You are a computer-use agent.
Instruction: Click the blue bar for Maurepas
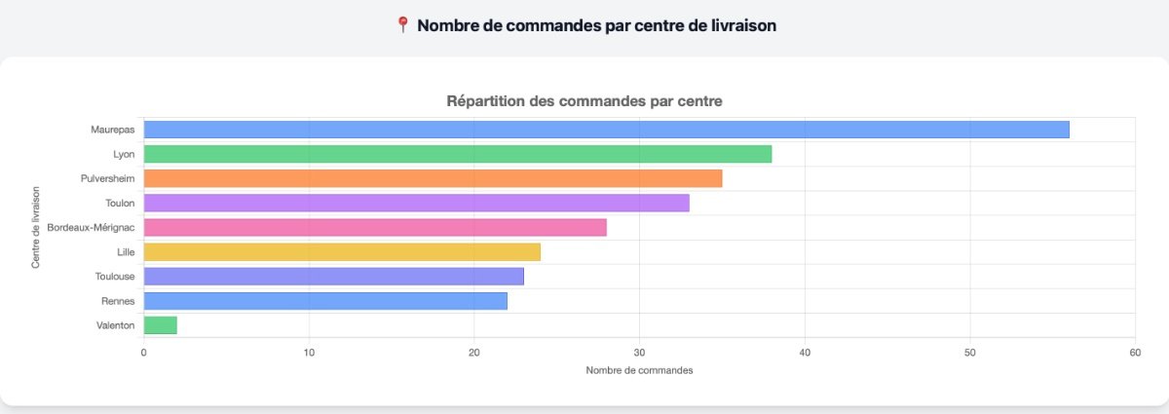click(x=606, y=130)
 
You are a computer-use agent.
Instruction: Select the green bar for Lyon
click(x=458, y=154)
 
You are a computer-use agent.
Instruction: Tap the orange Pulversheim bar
click(x=433, y=178)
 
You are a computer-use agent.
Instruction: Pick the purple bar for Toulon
click(x=416, y=203)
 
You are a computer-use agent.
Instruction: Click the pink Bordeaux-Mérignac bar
click(x=375, y=227)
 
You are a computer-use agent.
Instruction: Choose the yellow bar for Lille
click(x=342, y=252)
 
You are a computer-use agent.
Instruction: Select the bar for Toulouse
click(x=333, y=277)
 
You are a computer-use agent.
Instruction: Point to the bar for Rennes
click(x=325, y=301)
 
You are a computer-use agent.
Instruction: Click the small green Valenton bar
click(x=160, y=325)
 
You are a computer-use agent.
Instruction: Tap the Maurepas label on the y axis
click(x=112, y=130)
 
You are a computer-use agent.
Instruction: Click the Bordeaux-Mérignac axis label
click(x=91, y=227)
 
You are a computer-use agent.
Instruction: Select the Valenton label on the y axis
click(x=115, y=325)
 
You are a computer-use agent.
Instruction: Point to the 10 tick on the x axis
click(x=309, y=352)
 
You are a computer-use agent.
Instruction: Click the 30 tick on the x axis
click(x=639, y=352)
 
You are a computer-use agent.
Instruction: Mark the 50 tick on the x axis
click(x=969, y=352)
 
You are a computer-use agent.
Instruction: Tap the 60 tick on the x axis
click(x=1134, y=352)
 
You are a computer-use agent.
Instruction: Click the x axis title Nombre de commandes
click(x=639, y=371)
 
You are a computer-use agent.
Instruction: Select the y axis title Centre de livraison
click(x=36, y=227)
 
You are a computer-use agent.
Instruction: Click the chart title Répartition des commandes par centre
click(x=584, y=100)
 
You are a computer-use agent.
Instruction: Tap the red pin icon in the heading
click(x=403, y=25)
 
